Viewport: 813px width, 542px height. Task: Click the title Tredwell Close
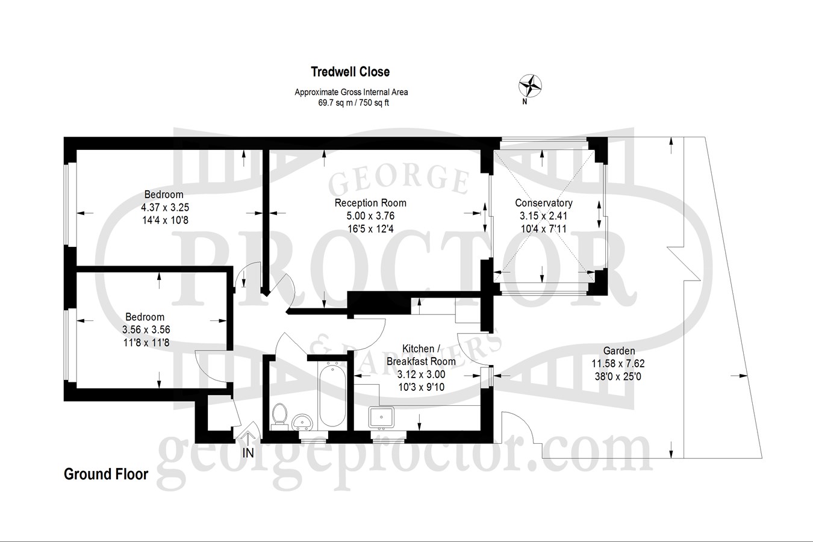(350, 72)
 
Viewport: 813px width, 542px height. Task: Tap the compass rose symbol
(530, 86)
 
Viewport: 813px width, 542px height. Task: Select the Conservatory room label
(544, 203)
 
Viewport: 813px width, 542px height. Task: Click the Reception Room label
(370, 203)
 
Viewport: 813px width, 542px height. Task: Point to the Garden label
(619, 350)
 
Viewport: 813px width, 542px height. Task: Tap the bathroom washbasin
(302, 422)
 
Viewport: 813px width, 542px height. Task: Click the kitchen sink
(381, 417)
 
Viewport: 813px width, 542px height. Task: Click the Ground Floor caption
(106, 474)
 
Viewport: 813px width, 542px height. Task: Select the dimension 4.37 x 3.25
(165, 207)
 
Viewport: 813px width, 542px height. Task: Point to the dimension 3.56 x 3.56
(146, 329)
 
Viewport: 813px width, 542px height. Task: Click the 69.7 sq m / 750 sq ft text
(354, 103)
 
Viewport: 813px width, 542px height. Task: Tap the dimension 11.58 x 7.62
(618, 363)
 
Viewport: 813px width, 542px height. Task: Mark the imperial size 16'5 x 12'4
(370, 229)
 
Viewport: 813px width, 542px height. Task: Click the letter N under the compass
(525, 102)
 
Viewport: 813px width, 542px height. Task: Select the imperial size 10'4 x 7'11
(543, 229)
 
